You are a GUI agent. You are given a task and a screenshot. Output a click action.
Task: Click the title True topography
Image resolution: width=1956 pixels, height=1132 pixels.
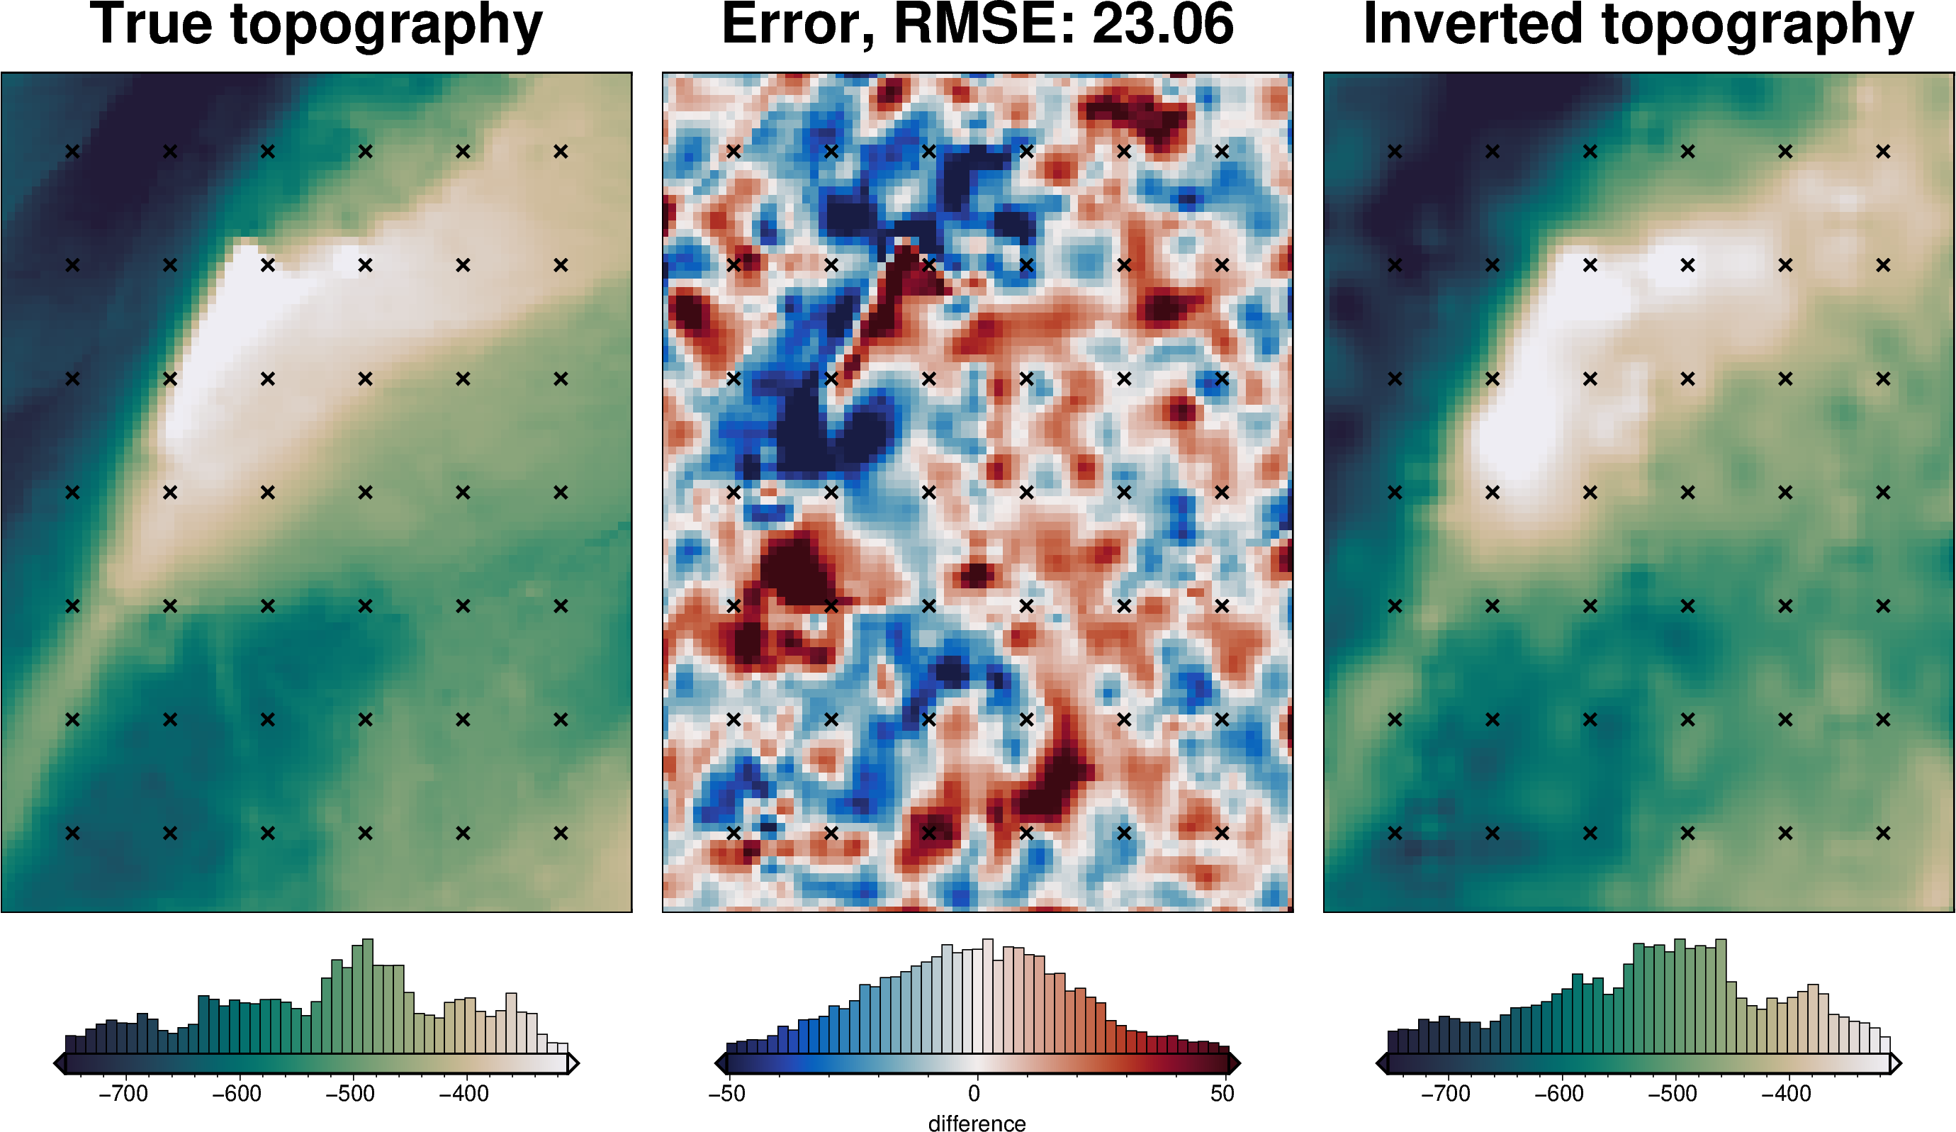click(x=316, y=25)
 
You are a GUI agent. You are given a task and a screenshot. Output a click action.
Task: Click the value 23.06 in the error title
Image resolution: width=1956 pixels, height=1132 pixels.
click(x=1162, y=25)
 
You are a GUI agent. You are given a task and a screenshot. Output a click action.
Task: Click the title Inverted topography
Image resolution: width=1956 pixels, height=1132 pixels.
click(x=1639, y=25)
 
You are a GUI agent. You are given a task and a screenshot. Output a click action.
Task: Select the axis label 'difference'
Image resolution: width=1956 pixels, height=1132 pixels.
click(x=977, y=1123)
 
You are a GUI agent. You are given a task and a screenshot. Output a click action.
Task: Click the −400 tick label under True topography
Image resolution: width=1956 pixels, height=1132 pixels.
click(x=463, y=1093)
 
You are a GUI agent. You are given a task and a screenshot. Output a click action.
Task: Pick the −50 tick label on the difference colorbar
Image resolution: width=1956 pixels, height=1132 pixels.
click(x=726, y=1093)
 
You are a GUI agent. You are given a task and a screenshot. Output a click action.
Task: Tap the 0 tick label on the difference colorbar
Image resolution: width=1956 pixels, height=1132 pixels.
click(x=974, y=1093)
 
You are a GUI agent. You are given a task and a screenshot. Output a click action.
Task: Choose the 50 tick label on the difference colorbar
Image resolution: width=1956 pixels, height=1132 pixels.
click(x=1222, y=1093)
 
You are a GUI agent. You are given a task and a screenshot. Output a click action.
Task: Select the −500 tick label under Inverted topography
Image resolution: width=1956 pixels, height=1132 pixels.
click(x=1672, y=1093)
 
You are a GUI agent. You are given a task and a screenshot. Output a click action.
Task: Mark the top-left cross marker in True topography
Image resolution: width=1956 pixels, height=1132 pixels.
click(x=72, y=152)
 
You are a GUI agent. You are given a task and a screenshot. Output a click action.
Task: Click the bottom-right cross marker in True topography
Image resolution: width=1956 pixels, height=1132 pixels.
click(x=561, y=833)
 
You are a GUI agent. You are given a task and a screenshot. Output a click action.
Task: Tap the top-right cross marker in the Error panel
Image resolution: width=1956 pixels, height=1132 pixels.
click(x=1222, y=152)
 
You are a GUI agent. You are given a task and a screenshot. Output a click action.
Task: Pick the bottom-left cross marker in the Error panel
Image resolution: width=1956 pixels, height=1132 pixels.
click(x=733, y=833)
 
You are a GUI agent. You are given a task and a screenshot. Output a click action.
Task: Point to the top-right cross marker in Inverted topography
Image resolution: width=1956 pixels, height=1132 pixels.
click(x=1883, y=152)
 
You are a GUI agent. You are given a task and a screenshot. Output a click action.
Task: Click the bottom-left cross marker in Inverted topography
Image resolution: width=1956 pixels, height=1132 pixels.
click(x=1395, y=833)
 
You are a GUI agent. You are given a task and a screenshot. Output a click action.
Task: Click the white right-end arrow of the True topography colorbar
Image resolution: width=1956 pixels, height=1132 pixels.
click(x=573, y=1063)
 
